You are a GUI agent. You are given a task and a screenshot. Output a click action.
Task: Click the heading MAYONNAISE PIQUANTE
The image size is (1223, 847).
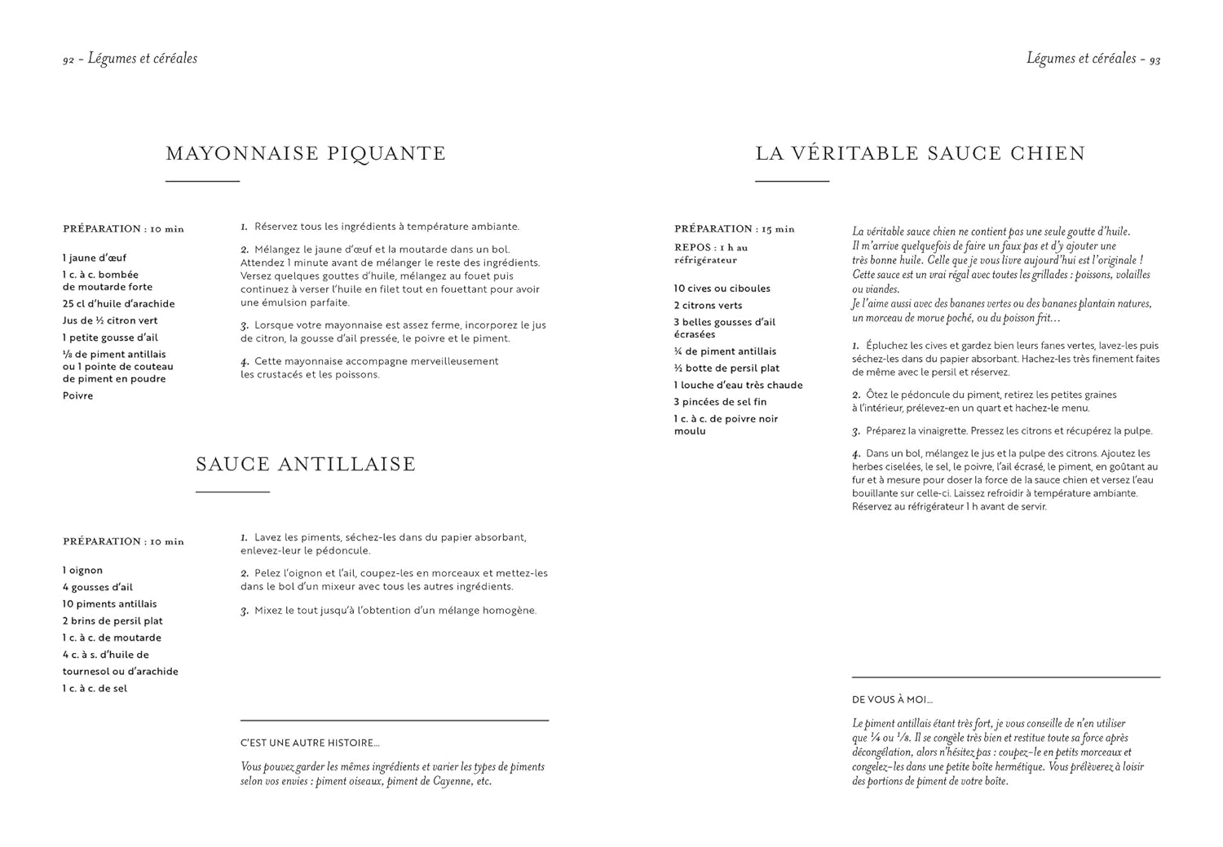click(x=306, y=153)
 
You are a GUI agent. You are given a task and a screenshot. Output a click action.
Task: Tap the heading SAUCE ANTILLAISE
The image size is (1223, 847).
click(x=306, y=464)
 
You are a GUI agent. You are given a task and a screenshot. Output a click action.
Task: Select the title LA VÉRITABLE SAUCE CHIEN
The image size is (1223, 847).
click(x=921, y=153)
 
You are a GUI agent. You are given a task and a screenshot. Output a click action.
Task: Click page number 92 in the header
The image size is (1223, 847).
click(x=68, y=60)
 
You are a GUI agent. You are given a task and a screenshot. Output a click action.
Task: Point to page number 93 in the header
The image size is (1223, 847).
click(x=1155, y=60)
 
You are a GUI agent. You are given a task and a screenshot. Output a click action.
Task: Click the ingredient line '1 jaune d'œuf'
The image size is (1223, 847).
click(x=95, y=258)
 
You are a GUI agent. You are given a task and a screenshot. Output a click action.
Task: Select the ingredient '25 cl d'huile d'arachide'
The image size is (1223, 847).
click(x=118, y=304)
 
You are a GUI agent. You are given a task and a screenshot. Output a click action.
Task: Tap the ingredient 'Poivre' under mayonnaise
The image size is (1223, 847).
click(x=78, y=396)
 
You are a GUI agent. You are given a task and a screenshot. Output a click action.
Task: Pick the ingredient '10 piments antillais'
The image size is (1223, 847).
click(x=109, y=604)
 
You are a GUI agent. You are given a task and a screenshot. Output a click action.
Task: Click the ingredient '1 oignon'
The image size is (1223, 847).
click(x=82, y=571)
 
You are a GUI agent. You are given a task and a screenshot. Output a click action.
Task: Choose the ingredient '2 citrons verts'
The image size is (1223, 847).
click(x=708, y=306)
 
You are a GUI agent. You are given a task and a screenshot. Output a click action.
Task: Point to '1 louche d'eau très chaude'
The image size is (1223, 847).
click(x=738, y=385)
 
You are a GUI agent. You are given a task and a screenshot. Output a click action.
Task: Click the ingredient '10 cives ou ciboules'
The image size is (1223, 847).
click(x=722, y=289)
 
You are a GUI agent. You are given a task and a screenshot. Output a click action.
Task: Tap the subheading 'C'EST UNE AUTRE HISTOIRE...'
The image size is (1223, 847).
click(x=310, y=743)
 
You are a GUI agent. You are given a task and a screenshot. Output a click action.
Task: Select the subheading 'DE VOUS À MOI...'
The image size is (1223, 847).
click(x=892, y=699)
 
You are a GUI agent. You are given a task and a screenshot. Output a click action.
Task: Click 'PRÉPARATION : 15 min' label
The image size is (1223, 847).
click(x=734, y=229)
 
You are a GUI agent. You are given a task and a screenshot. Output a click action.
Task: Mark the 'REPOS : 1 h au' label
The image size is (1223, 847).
click(x=710, y=248)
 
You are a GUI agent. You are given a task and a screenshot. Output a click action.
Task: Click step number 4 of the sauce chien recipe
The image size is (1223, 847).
click(x=856, y=454)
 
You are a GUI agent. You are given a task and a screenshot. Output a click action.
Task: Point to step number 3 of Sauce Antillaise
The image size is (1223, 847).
click(x=244, y=611)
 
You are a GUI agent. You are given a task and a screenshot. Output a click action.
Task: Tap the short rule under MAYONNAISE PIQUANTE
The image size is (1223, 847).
click(x=202, y=181)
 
